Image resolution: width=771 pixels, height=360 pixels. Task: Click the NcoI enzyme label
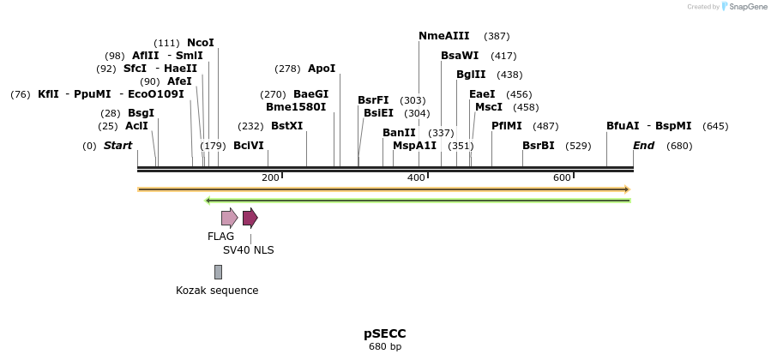[201, 43]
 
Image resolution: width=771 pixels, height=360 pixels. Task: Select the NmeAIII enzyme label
[443, 36]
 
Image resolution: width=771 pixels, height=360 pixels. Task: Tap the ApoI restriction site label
[322, 69]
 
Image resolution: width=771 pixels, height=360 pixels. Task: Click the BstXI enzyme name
[286, 126]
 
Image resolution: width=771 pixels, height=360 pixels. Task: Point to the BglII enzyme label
[471, 75]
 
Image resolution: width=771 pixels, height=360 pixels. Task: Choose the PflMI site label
[506, 126]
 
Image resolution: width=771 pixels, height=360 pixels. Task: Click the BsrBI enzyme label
[538, 146]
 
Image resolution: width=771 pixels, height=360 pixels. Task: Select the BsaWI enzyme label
[460, 56]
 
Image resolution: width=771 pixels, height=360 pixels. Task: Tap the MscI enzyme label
[489, 107]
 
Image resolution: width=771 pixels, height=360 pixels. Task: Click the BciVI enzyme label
[249, 146]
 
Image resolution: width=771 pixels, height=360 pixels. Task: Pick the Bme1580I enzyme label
[296, 107]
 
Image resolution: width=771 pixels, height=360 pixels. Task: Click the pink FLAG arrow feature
[229, 218]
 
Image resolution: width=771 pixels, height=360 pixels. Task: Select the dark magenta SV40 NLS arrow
[250, 218]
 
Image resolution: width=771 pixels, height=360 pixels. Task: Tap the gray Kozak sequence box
[218, 272]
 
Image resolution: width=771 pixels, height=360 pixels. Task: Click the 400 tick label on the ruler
[417, 177]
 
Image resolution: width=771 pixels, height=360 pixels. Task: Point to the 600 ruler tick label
[562, 177]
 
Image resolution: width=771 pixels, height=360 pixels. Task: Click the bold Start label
[118, 146]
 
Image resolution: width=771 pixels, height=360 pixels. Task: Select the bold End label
[643, 146]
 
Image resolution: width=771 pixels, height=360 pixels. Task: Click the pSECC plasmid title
[385, 333]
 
